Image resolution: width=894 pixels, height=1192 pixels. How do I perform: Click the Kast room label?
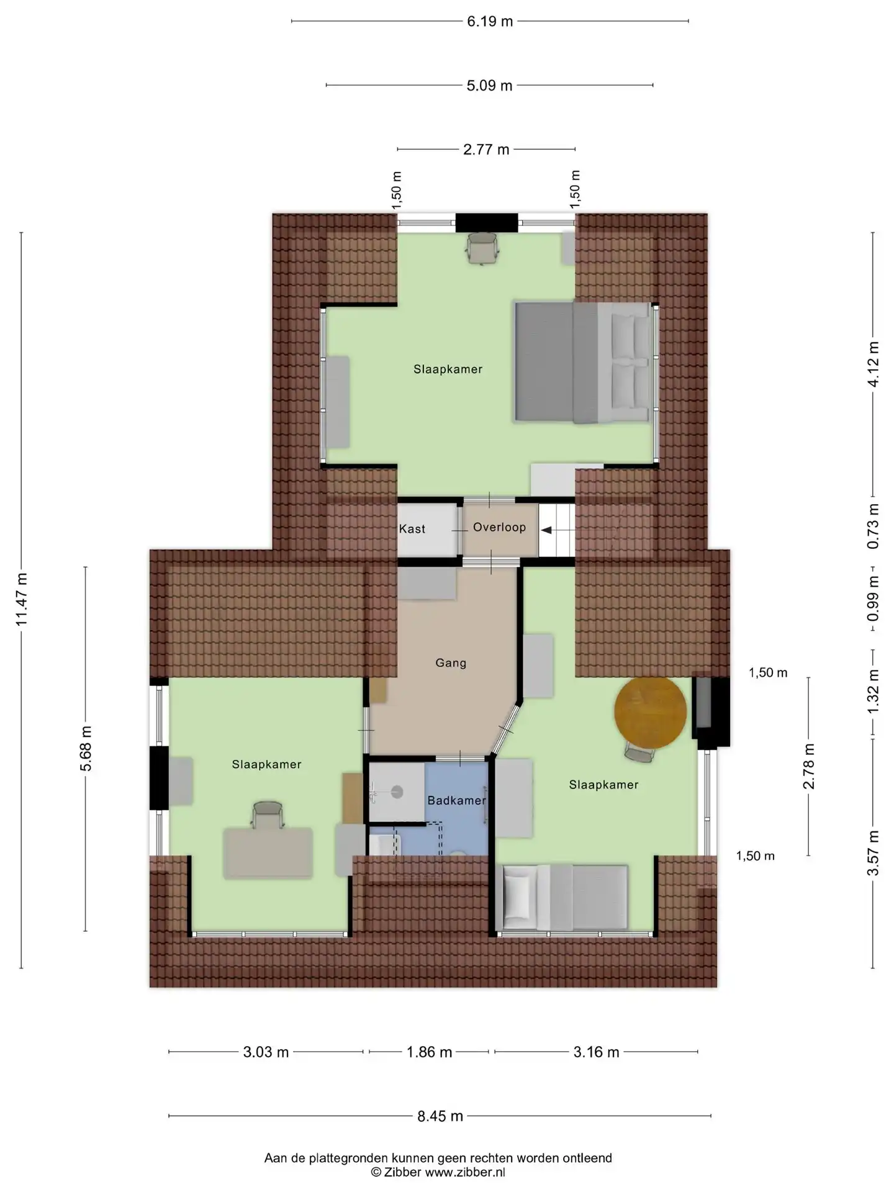pos(412,529)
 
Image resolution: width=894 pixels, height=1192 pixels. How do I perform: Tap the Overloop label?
pos(499,527)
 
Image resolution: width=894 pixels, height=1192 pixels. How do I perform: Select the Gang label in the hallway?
pos(451,663)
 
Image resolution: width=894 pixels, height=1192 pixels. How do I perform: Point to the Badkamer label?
pos(456,800)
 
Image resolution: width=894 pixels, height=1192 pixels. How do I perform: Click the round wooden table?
pos(651,712)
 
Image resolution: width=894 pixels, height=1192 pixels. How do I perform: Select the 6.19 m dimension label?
pos(490,22)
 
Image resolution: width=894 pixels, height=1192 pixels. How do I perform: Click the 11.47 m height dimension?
pos(22,600)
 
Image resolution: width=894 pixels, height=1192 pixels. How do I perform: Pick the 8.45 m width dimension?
pos(440,1116)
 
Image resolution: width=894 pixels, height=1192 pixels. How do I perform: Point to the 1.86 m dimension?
pos(429,1052)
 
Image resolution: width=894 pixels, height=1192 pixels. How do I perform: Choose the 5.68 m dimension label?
pos(86,749)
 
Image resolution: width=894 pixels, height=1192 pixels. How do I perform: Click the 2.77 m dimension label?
pos(486,150)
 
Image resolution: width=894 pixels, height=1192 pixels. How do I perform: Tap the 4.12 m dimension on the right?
pos(873,364)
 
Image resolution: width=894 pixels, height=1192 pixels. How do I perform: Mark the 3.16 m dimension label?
pos(596,1052)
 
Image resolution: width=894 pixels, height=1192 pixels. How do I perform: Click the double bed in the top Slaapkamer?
pos(583,363)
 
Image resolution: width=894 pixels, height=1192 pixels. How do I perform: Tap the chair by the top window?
pos(482,248)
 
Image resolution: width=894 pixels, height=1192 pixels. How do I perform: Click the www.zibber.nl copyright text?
pos(438,1172)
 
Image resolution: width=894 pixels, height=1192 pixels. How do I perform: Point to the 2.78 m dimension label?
pos(808,766)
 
